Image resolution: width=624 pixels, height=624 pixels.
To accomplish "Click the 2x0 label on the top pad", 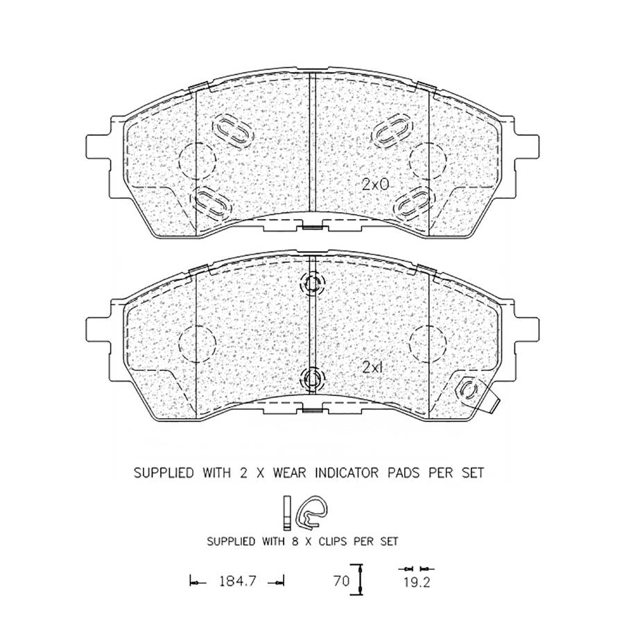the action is pyautogui.click(x=375, y=184).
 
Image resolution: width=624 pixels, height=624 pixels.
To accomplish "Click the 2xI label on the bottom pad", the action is pyautogui.click(x=372, y=367).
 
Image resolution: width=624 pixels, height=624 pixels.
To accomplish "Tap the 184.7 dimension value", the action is pyautogui.click(x=237, y=582).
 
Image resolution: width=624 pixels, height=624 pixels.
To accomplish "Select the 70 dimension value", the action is pyautogui.click(x=341, y=581).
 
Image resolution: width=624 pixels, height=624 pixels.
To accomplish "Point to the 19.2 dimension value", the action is pyautogui.click(x=417, y=582).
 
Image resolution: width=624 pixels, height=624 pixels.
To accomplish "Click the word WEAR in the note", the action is pyautogui.click(x=289, y=473).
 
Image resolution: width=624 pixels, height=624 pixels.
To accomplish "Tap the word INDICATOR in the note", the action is pyautogui.click(x=346, y=473).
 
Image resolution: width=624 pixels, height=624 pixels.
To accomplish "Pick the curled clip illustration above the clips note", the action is pyautogui.click(x=313, y=512).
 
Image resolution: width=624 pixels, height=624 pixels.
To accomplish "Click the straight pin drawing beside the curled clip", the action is pyautogui.click(x=287, y=513).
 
